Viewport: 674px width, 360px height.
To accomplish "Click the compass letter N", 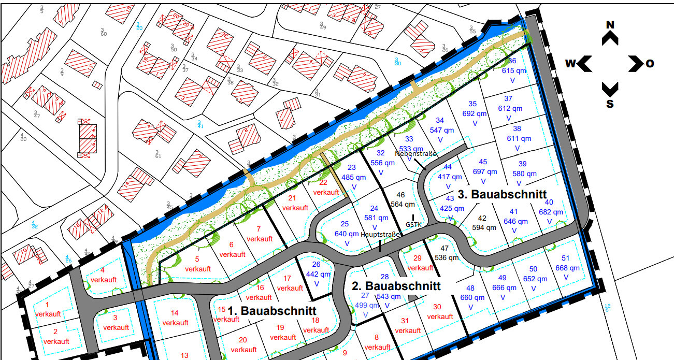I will point(610,25).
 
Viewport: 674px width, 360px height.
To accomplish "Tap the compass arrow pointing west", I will point(585,64).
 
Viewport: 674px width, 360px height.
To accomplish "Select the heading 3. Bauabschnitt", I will point(502,195).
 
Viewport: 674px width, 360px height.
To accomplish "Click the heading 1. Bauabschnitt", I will point(272,311).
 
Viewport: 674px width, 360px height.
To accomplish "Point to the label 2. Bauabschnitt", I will point(396,285).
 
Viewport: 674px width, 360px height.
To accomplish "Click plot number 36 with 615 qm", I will point(512,61).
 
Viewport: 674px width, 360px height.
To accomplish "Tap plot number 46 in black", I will point(400,195).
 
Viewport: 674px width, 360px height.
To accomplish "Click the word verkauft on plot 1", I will point(48,314).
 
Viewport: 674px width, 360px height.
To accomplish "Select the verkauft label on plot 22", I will point(326,192).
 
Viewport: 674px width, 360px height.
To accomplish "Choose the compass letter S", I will point(610,104).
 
